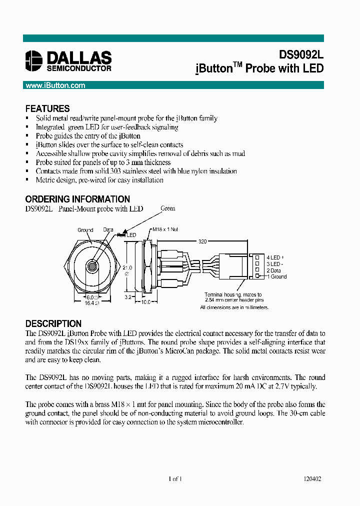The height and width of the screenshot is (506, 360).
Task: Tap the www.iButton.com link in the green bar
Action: click(x=55, y=85)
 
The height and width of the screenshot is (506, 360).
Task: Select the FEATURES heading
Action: click(x=47, y=108)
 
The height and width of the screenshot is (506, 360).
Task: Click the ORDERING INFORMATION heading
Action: click(x=77, y=199)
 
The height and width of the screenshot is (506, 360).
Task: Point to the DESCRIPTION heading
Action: click(x=53, y=323)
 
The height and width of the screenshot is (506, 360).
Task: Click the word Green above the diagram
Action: click(x=168, y=208)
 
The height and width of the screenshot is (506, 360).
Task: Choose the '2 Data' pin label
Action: click(x=275, y=270)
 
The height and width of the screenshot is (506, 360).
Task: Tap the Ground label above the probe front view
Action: click(x=85, y=230)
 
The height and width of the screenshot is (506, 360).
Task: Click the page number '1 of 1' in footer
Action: click(x=175, y=478)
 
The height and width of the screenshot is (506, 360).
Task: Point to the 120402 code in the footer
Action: click(x=312, y=478)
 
